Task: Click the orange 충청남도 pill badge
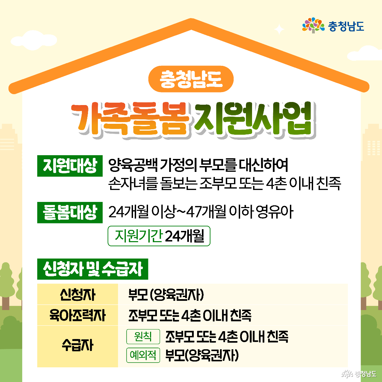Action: [191, 79]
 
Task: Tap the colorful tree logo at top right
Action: [313, 25]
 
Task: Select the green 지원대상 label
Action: [70, 166]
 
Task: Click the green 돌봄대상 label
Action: [70, 212]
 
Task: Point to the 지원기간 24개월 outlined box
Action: [159, 236]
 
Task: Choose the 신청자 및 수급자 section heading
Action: [92, 269]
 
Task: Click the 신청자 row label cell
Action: [77, 294]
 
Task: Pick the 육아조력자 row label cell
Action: [77, 315]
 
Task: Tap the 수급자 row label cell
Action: [77, 346]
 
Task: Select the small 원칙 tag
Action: [143, 336]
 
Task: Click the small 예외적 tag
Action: [143, 355]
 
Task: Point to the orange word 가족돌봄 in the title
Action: [130, 119]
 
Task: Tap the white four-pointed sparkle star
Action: [279, 29]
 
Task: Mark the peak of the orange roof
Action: [191, 19]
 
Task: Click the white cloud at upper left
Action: [34, 40]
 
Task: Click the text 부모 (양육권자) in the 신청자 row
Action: [166, 295]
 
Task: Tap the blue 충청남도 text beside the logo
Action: [346, 26]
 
